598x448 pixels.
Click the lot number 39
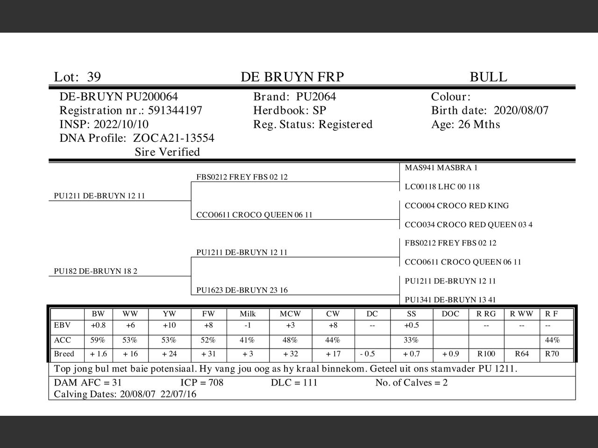click(93, 77)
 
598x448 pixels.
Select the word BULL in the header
click(488, 77)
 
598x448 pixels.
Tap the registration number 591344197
click(175, 111)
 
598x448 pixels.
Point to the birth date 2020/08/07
click(521, 111)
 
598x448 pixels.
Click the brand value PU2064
click(316, 97)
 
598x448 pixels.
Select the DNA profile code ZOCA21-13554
click(174, 138)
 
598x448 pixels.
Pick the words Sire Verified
click(167, 152)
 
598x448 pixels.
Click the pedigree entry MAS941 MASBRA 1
click(441, 168)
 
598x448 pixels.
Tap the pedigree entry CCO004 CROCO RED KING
click(456, 206)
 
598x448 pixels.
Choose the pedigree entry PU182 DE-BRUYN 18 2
click(95, 271)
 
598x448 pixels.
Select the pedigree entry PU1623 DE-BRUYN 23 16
click(242, 290)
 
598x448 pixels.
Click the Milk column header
click(248, 314)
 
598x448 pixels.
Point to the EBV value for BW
click(98, 326)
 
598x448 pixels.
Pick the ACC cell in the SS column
click(411, 340)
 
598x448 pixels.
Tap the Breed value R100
click(486, 354)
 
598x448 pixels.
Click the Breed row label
click(64, 354)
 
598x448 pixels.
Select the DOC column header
click(450, 314)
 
